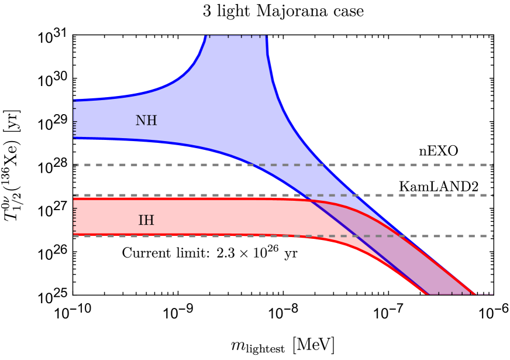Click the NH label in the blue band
[x=146, y=121]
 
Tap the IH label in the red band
[x=146, y=221]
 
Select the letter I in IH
[x=141, y=221]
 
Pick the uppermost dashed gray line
[x=175, y=164]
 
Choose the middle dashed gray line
[x=175, y=195]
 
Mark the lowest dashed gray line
[x=175, y=236]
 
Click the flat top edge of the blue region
[x=236, y=36]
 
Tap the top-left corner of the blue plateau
[x=205, y=36]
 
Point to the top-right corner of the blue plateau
[x=268, y=36]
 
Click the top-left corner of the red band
[x=74, y=198]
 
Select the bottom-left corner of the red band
[x=74, y=236]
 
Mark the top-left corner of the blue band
[x=74, y=99]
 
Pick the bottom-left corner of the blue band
[x=74, y=140]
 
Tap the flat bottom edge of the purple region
[x=450, y=293]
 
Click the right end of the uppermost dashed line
[x=492, y=164]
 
